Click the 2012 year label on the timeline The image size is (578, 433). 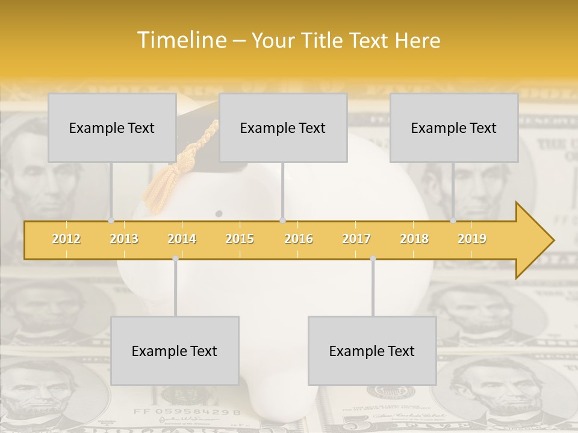(66, 239)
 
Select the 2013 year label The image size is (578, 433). (124, 239)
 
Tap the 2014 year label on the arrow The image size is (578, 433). (182, 239)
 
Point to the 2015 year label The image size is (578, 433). (240, 239)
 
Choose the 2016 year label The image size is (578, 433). (299, 239)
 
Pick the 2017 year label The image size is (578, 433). (356, 239)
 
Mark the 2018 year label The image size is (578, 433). (414, 239)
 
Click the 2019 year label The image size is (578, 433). (472, 239)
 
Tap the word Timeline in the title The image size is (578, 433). (181, 40)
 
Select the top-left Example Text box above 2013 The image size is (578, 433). (112, 127)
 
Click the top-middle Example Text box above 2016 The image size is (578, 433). (283, 127)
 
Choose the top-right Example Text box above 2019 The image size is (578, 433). (454, 127)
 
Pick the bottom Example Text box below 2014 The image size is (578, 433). (175, 351)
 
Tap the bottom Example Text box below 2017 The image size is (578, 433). (372, 351)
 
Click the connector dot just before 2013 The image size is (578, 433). (111, 220)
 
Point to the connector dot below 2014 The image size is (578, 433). (175, 259)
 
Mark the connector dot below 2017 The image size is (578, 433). (373, 259)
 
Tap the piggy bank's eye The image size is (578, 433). (219, 213)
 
